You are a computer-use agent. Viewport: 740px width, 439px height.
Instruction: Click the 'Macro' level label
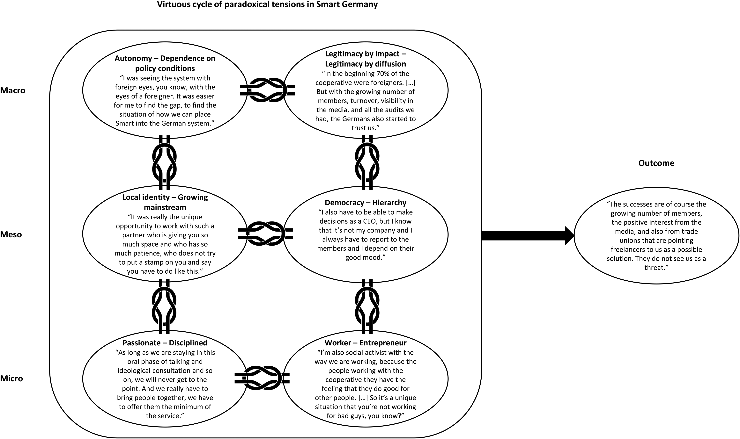tap(13, 90)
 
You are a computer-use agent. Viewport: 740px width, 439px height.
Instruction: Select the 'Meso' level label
tap(11, 235)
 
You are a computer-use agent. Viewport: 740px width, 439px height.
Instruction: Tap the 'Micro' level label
tap(11, 379)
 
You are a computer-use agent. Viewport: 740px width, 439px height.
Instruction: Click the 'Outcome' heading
tap(656, 163)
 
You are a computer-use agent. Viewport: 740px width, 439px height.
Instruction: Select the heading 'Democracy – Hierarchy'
tap(366, 203)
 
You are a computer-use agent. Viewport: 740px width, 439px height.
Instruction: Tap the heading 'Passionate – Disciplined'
tap(165, 343)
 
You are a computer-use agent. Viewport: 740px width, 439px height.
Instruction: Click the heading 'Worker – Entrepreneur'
tap(366, 343)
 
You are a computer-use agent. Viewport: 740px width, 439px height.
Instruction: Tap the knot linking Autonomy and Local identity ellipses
tap(164, 163)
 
